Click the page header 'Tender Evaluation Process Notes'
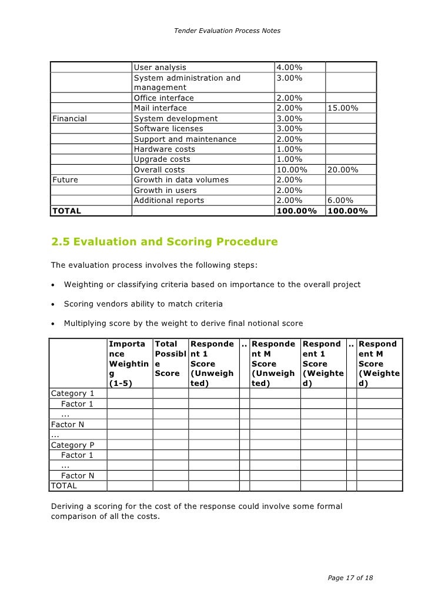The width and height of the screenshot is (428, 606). point(227,30)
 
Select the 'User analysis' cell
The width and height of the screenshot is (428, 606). point(160,68)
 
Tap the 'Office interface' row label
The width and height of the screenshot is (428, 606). point(163,98)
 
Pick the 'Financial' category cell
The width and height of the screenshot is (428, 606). point(70,118)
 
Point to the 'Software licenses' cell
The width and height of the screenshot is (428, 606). point(168,128)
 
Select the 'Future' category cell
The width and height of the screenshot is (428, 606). point(65,179)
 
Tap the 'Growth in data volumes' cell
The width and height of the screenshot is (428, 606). point(181,179)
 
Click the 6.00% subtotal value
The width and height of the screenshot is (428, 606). point(340,200)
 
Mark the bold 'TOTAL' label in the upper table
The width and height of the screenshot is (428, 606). point(68,210)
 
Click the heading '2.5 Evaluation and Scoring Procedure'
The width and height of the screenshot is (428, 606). point(165,242)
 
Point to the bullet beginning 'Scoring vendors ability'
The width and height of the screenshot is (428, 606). point(143,304)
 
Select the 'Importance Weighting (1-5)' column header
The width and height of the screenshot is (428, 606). point(129,364)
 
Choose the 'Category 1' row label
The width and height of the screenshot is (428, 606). point(73,394)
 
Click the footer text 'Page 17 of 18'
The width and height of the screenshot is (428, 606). point(350,578)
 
